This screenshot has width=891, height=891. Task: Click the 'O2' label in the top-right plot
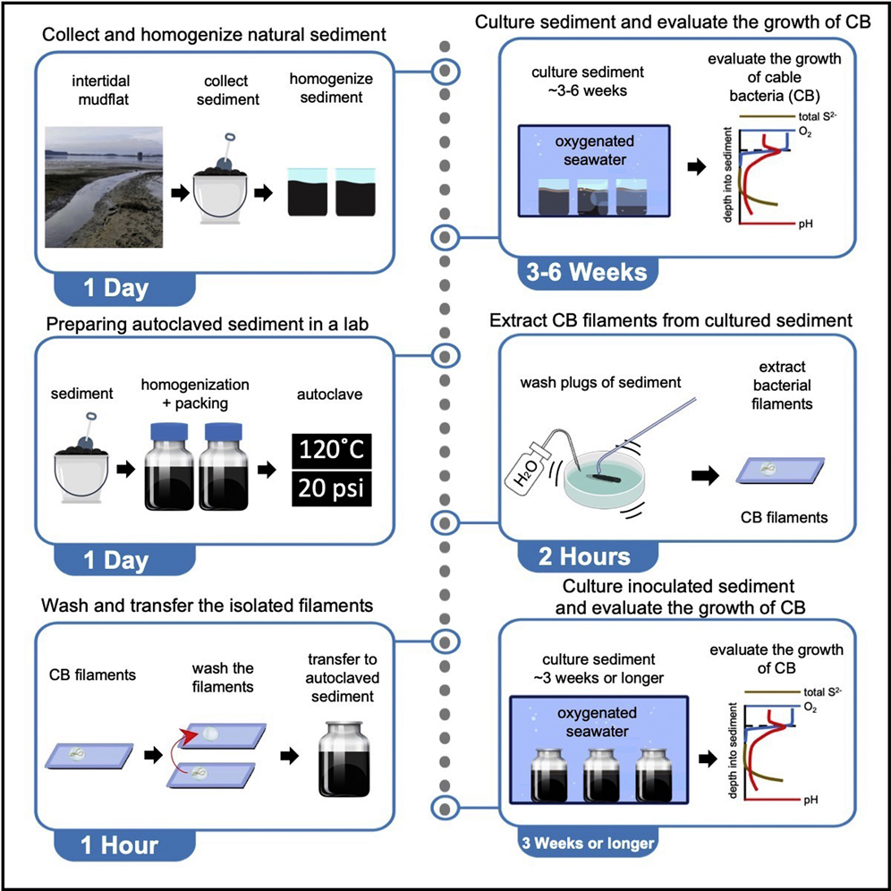coord(809,132)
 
